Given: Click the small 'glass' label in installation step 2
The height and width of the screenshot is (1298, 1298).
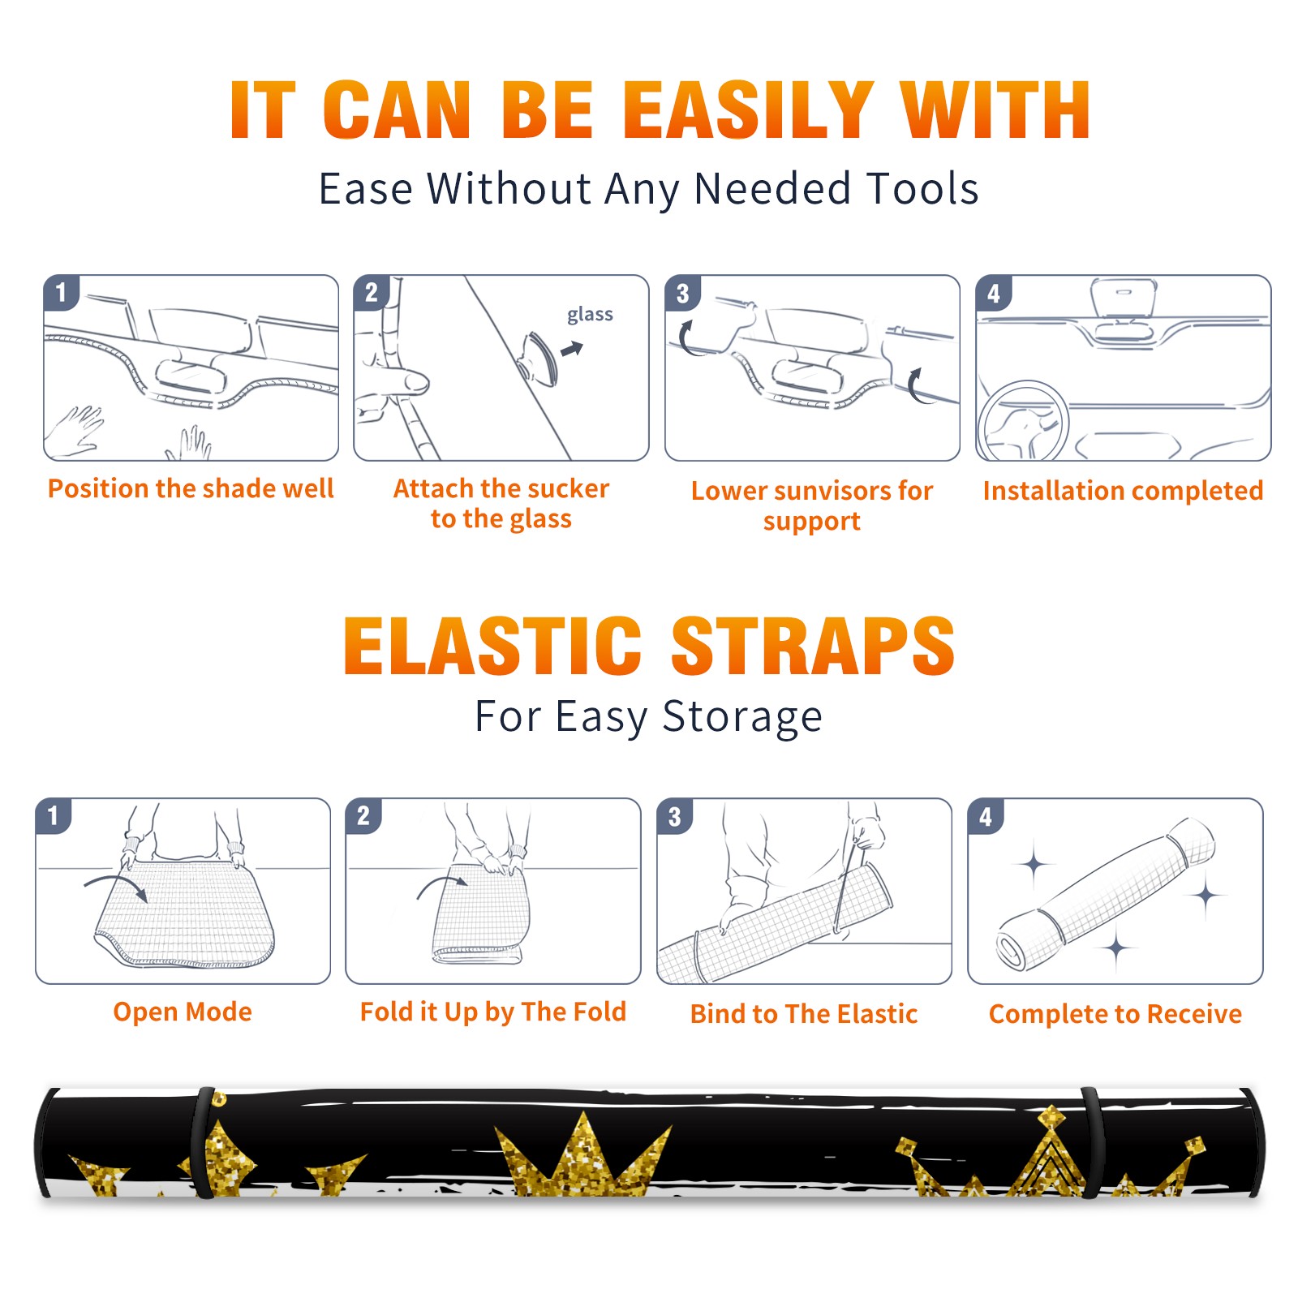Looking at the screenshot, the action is [x=590, y=315].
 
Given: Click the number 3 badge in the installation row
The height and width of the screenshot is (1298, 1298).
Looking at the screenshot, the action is [x=683, y=294].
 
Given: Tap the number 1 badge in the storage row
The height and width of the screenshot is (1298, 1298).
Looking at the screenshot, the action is [x=54, y=816].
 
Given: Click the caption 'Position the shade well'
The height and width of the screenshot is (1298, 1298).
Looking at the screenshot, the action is [x=191, y=488].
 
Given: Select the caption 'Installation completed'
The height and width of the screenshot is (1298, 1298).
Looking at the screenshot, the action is [x=1123, y=491].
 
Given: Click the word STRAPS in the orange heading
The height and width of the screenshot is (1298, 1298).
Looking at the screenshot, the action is [x=813, y=646].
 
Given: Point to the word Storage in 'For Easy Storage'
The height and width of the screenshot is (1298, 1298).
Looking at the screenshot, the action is [x=742, y=717].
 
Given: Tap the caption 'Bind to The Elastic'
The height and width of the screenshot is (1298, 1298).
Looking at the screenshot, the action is [x=804, y=1014].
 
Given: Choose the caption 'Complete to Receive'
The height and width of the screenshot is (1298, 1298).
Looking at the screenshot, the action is [x=1115, y=1014].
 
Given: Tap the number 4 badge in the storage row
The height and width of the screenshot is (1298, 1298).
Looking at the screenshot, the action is [x=986, y=816].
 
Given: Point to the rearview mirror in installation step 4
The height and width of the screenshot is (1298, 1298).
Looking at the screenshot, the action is [x=1124, y=298].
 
